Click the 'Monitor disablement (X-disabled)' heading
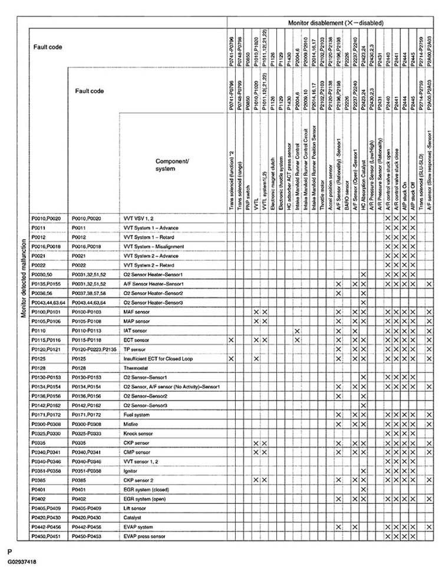[336, 22]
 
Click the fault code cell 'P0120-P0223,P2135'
[94, 349]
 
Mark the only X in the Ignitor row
[364, 471]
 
